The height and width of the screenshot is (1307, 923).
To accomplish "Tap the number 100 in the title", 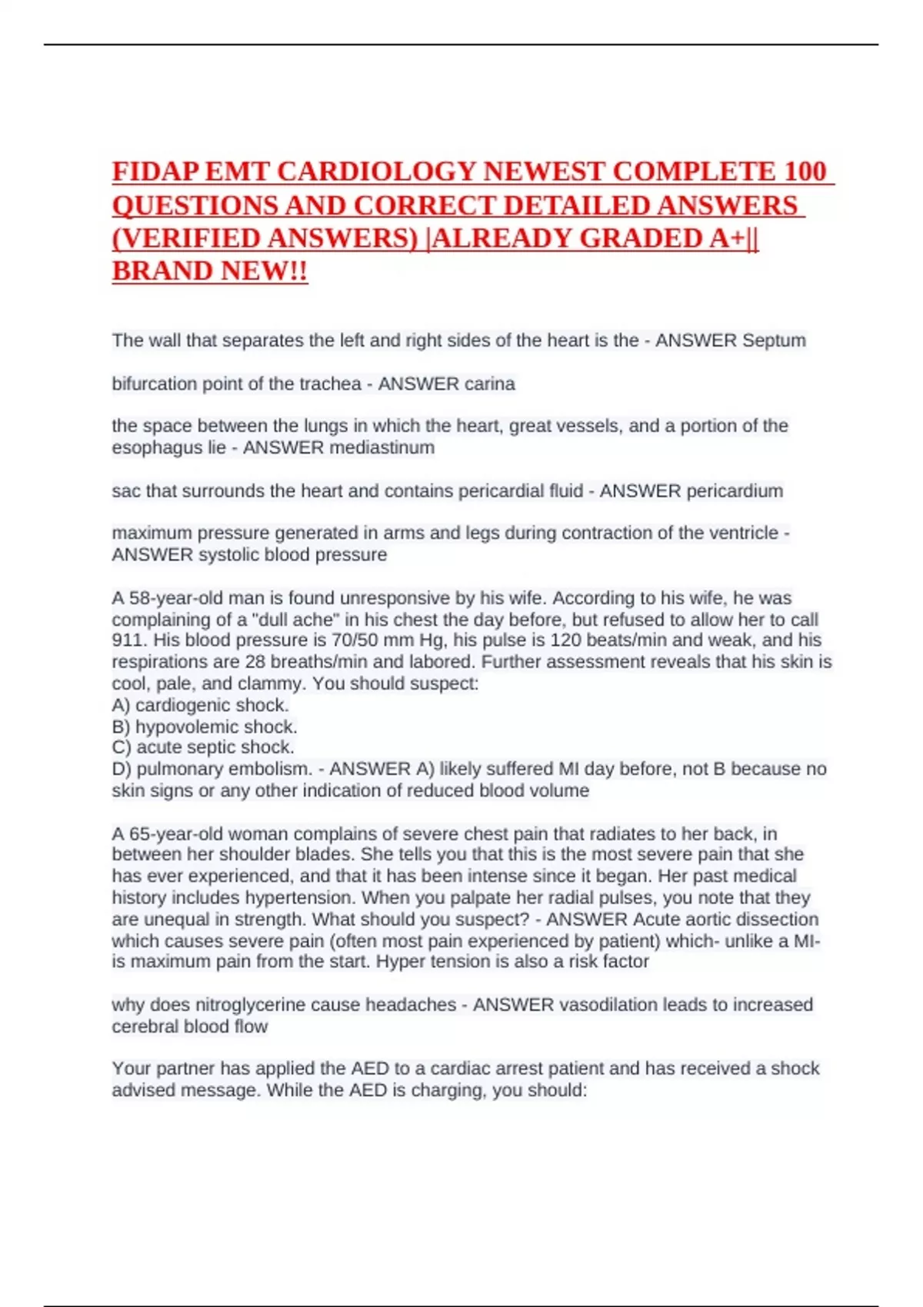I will click(x=805, y=171).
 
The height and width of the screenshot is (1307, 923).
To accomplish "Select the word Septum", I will click(x=774, y=341).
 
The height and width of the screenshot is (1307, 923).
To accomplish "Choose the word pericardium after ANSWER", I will click(x=735, y=491).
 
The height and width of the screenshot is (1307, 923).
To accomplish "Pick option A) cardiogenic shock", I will click(x=200, y=705).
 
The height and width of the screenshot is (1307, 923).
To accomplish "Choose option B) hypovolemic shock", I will click(x=205, y=727).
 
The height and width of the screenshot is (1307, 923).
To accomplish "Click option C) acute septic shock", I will click(x=203, y=747).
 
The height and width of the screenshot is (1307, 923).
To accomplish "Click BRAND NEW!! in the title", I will click(x=210, y=271).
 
